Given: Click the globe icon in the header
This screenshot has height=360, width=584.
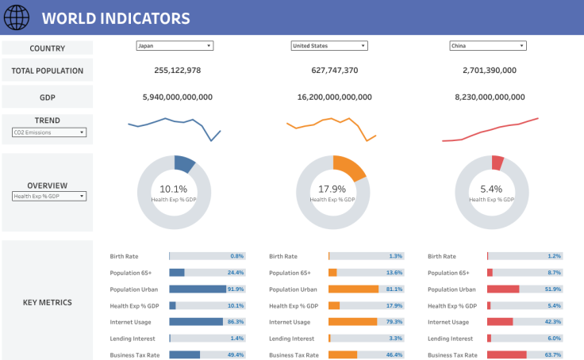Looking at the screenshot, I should click(x=17, y=17).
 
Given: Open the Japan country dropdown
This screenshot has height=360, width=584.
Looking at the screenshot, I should click(x=175, y=46).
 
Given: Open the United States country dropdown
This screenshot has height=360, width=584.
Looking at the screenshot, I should click(x=329, y=46).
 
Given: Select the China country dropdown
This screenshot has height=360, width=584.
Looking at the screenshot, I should click(x=488, y=46).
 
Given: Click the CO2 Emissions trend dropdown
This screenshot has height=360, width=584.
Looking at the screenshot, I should click(x=48, y=132).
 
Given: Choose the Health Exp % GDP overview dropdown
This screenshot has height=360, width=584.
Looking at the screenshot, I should click(x=48, y=196).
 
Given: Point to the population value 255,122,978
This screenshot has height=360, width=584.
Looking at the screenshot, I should click(x=177, y=71).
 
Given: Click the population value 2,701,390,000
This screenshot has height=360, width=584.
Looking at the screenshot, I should click(x=489, y=71).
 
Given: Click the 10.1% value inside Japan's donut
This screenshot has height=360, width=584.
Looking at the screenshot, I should click(x=174, y=189).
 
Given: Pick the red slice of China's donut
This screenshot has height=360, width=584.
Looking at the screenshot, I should click(x=498, y=163).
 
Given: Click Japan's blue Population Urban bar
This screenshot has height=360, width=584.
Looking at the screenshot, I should click(x=197, y=289).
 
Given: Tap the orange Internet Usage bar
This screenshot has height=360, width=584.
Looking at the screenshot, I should click(x=353, y=322).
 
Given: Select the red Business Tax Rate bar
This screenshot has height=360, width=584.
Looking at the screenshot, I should click(x=507, y=355).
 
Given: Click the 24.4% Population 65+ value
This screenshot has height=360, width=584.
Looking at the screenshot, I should click(x=236, y=273).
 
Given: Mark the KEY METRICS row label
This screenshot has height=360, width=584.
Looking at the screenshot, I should click(x=48, y=302).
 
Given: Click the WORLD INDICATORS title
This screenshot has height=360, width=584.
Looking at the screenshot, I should click(x=116, y=18).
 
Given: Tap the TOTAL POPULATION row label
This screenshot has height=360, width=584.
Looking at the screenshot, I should click(x=48, y=71).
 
